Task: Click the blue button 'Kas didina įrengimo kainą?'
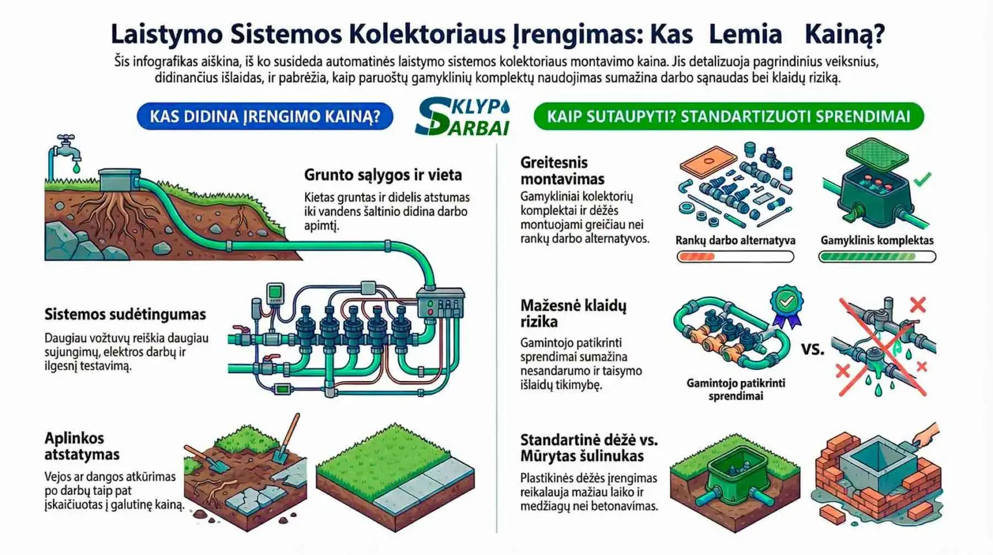[x=264, y=116]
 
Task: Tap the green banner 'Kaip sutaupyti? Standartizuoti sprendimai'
[x=729, y=116]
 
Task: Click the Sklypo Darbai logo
[x=462, y=116]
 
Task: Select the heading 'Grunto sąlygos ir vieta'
[x=383, y=175]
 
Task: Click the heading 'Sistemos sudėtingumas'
[x=125, y=314]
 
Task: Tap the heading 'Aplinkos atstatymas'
[x=82, y=446]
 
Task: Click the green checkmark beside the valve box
[x=922, y=179]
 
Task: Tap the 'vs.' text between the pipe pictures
[x=813, y=349]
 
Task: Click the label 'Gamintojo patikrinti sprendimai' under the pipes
[x=736, y=389]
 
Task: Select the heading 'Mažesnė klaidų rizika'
[x=573, y=313]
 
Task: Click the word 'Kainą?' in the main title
[x=844, y=34]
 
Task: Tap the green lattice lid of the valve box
[x=877, y=154]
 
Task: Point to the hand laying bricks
[x=926, y=435]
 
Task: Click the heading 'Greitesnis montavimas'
[x=562, y=171]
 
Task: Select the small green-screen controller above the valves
[x=275, y=293]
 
